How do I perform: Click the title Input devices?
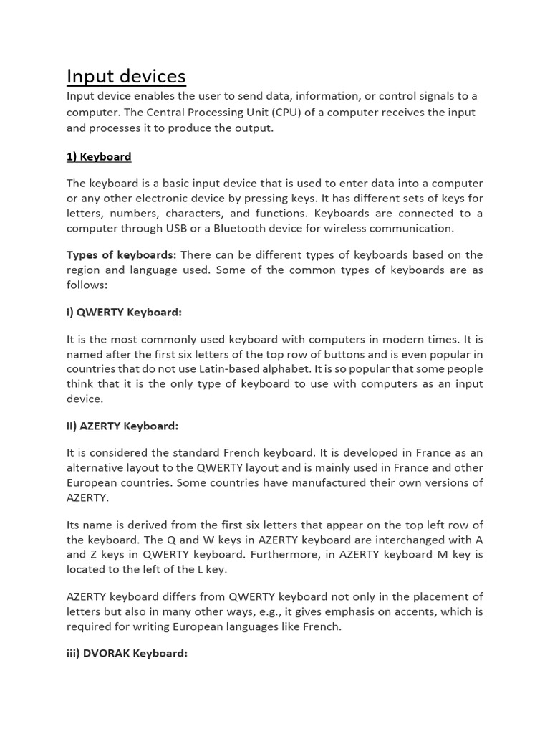pyautogui.click(x=126, y=76)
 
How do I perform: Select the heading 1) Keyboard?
pyautogui.click(x=99, y=156)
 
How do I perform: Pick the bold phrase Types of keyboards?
pyautogui.click(x=121, y=254)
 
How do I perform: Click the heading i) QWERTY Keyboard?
pyautogui.click(x=124, y=312)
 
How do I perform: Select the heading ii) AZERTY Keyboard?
pyautogui.click(x=122, y=426)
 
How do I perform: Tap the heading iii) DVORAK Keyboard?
pyautogui.click(x=127, y=653)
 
